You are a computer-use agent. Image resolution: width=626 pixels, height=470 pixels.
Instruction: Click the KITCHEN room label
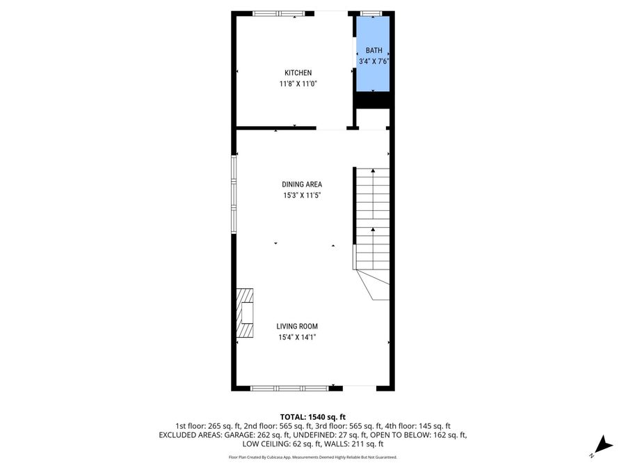coord(298,72)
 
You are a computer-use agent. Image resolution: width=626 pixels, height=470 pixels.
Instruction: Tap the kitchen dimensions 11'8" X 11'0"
coord(298,84)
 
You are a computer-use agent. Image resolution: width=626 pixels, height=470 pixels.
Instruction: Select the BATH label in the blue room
coord(374,50)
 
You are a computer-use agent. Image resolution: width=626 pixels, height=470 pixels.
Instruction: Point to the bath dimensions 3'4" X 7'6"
coord(374,61)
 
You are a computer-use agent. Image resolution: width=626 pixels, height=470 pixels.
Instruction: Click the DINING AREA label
coord(301,185)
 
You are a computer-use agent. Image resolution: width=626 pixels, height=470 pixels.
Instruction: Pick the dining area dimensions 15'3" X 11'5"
coord(301,196)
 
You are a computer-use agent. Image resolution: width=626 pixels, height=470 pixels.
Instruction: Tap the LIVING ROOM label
coord(297,326)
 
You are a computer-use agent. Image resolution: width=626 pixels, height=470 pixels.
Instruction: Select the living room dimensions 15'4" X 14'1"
coord(297,338)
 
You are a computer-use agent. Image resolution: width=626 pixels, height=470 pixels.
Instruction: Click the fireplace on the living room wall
coord(245,313)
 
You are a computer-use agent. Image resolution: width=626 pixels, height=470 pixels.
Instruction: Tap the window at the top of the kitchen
coord(278,13)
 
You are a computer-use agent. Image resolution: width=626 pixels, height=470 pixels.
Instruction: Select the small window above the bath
coord(371,13)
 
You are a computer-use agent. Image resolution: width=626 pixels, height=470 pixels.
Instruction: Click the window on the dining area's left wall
coord(234,194)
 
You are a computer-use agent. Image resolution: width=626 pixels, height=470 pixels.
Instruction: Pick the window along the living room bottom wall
coord(289,388)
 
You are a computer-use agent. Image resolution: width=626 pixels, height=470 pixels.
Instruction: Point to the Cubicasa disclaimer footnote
coord(313,457)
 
